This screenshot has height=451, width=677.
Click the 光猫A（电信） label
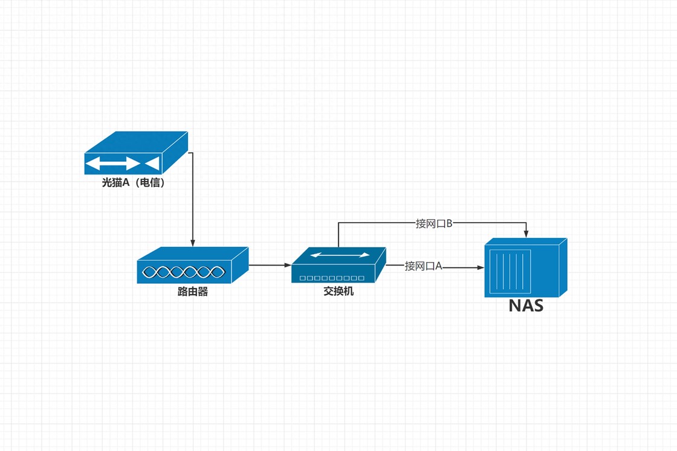(133, 182)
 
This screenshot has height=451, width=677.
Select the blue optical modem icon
(135, 153)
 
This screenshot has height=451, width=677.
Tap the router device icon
(192, 265)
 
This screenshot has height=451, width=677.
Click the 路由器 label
(192, 292)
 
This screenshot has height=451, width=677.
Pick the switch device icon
(338, 265)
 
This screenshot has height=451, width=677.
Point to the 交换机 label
(338, 292)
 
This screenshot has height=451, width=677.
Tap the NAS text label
(525, 305)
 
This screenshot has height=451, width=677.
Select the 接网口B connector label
(434, 223)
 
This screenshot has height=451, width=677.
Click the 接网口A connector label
(424, 266)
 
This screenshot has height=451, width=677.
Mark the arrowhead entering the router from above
(192, 243)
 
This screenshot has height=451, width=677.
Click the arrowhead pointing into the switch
(287, 265)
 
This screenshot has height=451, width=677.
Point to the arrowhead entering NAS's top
(526, 234)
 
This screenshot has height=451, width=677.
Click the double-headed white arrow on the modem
(112, 164)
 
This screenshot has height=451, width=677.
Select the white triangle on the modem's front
(152, 164)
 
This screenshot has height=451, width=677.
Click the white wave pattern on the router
(184, 272)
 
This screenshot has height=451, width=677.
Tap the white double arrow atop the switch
(340, 255)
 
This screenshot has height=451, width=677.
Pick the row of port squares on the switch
(332, 278)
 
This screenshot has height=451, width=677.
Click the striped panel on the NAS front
(510, 271)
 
